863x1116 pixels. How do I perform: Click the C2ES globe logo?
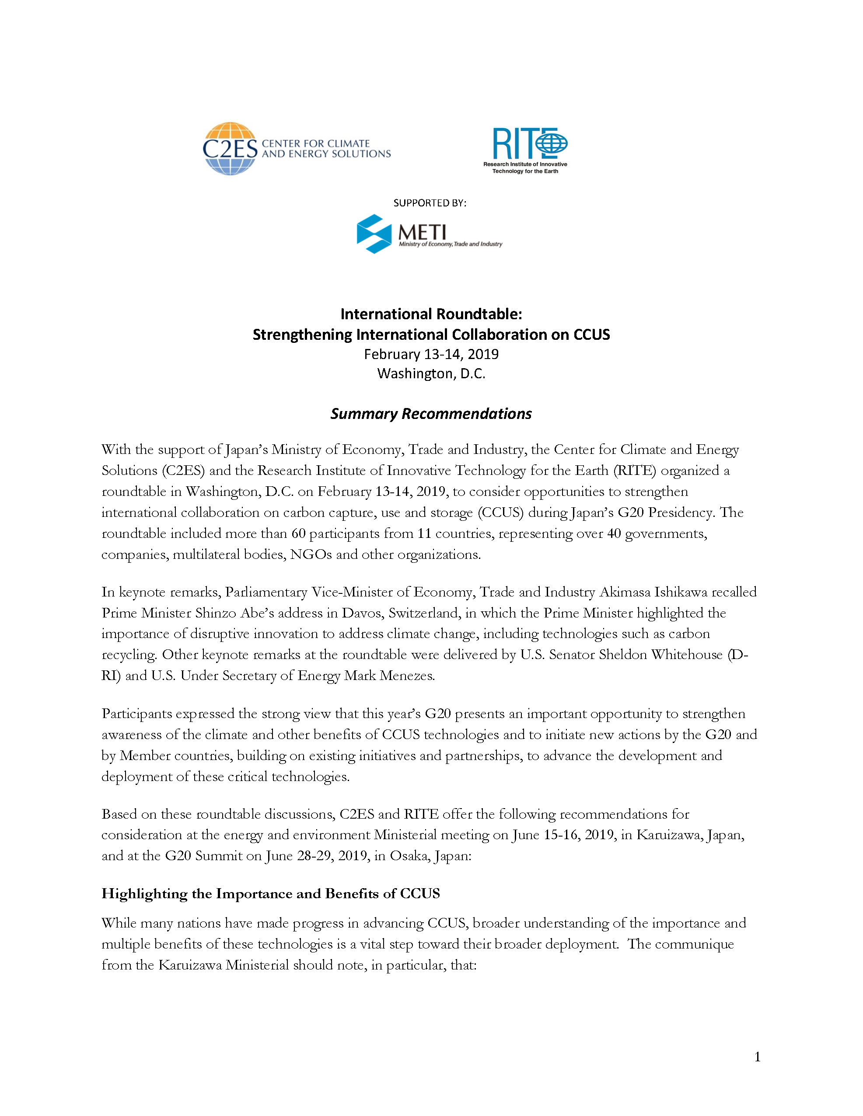[x=230, y=149]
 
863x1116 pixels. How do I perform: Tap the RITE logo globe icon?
[x=552, y=143]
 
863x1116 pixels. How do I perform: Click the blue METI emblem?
[x=374, y=234]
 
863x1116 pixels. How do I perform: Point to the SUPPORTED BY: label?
[x=430, y=203]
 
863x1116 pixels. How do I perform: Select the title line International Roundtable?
[x=431, y=314]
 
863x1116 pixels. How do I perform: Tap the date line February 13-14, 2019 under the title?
[x=431, y=354]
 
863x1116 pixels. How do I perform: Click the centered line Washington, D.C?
[x=431, y=373]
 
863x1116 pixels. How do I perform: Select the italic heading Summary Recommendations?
[x=431, y=413]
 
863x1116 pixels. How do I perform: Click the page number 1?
[x=757, y=1057]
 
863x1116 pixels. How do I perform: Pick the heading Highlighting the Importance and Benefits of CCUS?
[x=270, y=893]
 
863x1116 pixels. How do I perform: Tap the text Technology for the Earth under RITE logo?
[x=525, y=171]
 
